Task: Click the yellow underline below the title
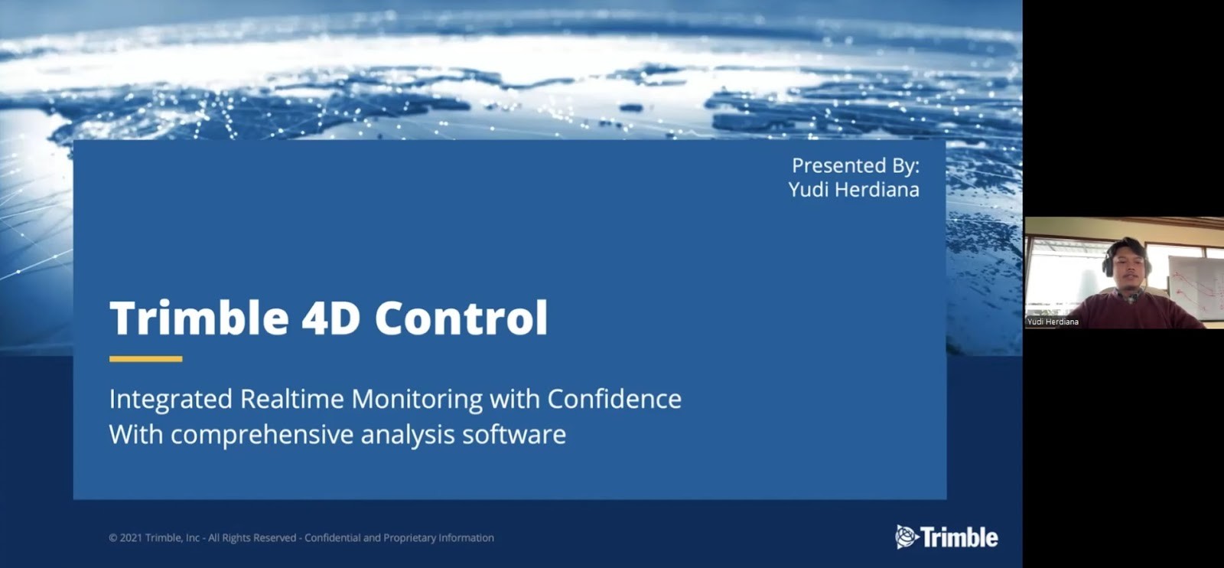point(146,359)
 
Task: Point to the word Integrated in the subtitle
point(171,399)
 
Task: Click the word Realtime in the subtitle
point(292,399)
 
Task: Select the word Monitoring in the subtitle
point(417,399)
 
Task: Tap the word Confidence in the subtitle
point(615,399)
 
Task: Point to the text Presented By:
point(856,165)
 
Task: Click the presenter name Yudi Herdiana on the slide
point(854,190)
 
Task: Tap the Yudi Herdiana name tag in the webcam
point(1053,322)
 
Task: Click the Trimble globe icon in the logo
point(907,537)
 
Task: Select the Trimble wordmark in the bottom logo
point(959,537)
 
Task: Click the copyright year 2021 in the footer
point(131,538)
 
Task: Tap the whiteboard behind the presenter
point(1196,287)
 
